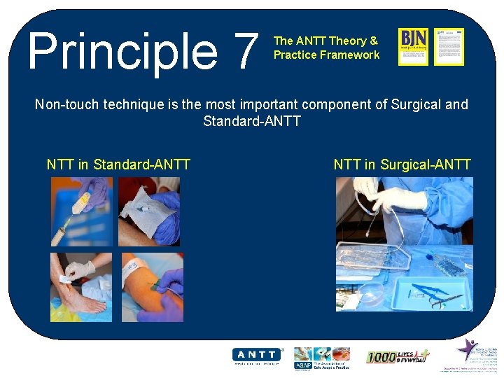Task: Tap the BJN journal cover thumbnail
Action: tap(413, 47)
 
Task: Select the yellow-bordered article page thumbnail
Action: tap(449, 47)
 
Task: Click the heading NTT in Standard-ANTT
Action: tap(118, 165)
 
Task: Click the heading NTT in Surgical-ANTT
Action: tap(402, 165)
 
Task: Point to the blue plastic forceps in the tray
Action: tap(427, 291)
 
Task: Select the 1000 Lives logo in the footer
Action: tap(398, 356)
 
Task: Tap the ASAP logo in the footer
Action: tap(302, 363)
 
